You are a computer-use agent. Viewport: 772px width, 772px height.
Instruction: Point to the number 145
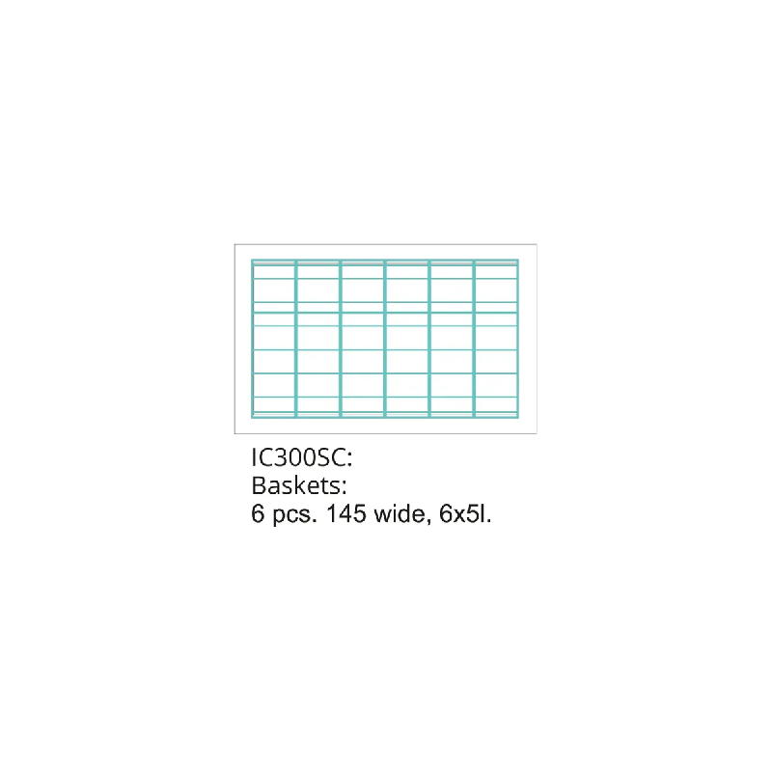[346, 513]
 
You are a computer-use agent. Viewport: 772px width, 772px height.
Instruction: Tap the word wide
[400, 513]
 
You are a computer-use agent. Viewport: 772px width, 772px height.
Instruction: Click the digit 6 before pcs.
[258, 513]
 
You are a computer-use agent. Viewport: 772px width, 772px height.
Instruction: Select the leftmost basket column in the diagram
[274, 339]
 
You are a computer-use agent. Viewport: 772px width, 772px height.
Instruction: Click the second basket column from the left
[318, 339]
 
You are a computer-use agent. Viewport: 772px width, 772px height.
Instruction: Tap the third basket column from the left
[363, 339]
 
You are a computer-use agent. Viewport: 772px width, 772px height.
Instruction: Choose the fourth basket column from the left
[407, 339]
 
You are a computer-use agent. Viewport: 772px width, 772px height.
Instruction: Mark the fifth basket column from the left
[452, 339]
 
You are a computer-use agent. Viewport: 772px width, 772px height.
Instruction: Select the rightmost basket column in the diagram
[496, 339]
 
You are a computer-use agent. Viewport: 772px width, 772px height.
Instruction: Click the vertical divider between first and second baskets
[296, 339]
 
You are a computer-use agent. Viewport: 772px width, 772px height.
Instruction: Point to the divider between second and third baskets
[341, 339]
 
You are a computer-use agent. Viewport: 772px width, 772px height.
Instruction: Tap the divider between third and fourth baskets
[385, 339]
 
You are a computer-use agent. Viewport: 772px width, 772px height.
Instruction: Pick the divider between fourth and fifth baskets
[429, 339]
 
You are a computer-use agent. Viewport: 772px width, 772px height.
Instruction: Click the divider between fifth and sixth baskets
[474, 339]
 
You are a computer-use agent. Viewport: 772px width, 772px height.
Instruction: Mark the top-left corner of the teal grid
[252, 260]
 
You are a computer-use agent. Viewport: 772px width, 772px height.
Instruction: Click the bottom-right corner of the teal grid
[518, 418]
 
